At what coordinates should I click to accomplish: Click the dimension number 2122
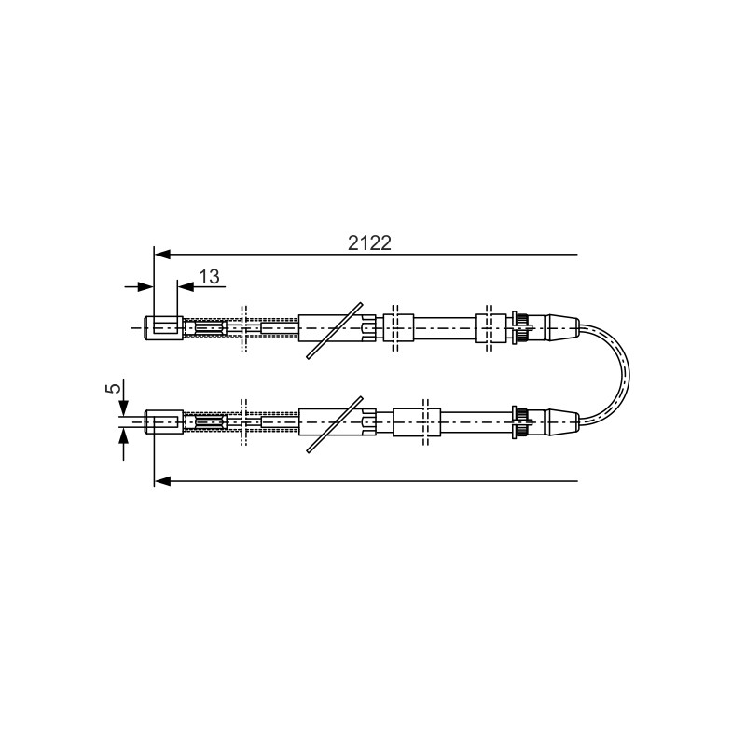click(x=369, y=243)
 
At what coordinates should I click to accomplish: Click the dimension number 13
click(x=209, y=276)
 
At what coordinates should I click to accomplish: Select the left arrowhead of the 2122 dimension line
click(x=162, y=255)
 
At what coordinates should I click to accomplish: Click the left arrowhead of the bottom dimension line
click(x=162, y=481)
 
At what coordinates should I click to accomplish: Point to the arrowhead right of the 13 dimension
click(x=185, y=287)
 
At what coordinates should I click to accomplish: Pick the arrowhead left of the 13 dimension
click(x=146, y=287)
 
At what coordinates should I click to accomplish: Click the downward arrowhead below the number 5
click(x=124, y=408)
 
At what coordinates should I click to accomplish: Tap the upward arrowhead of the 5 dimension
click(x=124, y=436)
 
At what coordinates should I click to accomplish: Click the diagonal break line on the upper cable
click(x=335, y=330)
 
